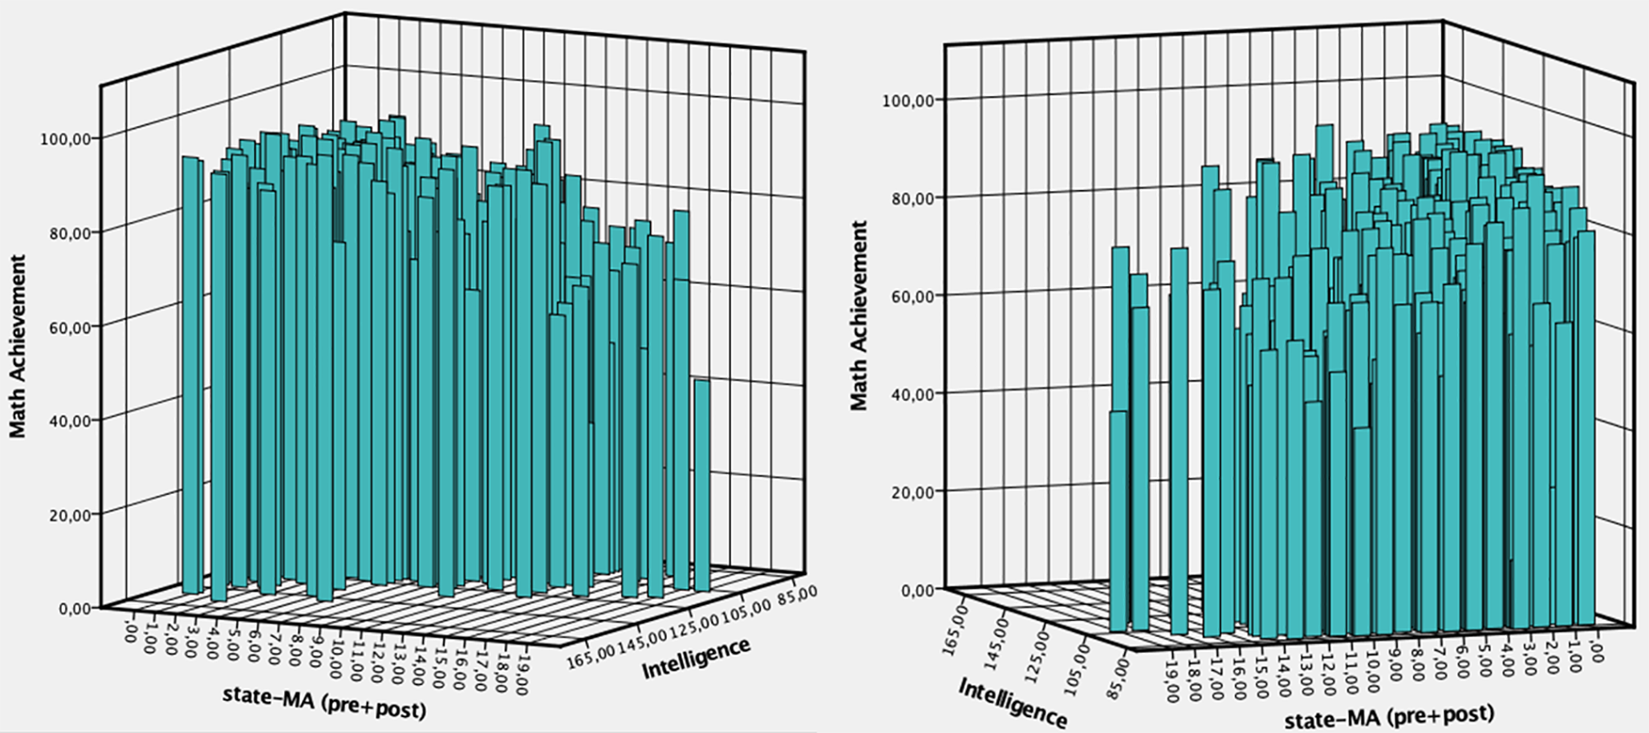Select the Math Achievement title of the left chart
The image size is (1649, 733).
click(18, 346)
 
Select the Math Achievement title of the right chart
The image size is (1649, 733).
click(859, 315)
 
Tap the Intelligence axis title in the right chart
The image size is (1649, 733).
click(1013, 703)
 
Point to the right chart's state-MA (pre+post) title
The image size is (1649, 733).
click(1389, 716)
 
